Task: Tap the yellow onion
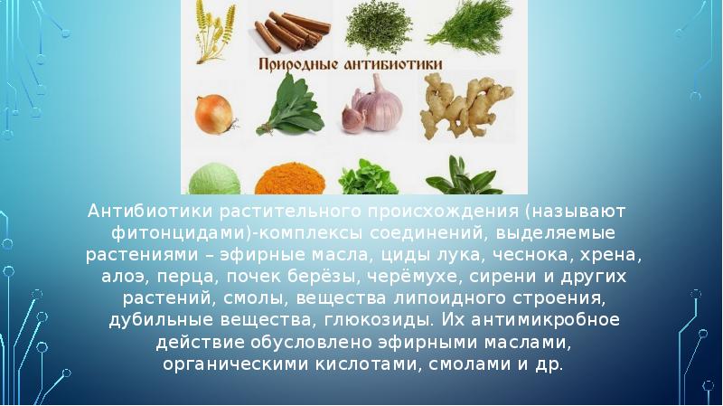215,114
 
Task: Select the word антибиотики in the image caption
398,66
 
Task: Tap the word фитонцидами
162,232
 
